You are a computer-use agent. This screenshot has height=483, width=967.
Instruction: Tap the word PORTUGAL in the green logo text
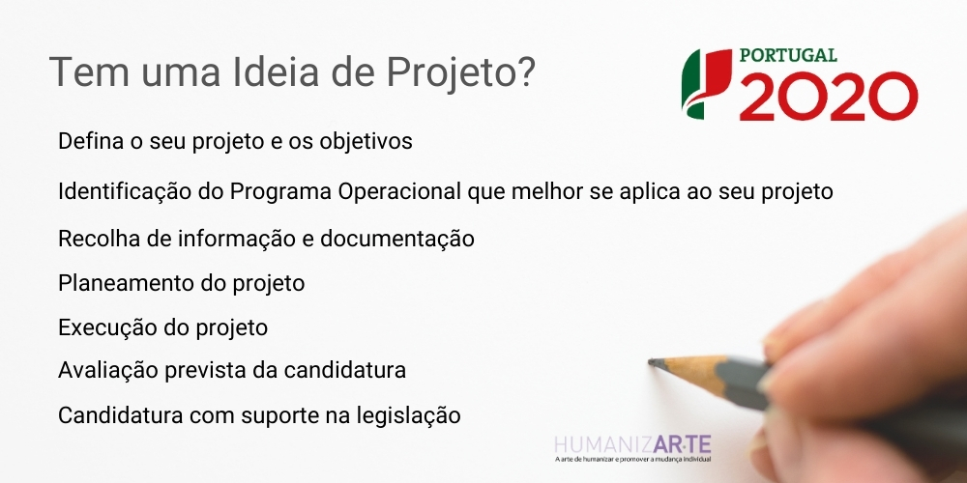[788, 55]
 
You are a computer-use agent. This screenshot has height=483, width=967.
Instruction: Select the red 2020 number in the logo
[829, 96]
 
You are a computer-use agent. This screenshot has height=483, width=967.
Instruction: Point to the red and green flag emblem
[706, 83]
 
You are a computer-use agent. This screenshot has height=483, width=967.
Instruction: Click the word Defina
[86, 141]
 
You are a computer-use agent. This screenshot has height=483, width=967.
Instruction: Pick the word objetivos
[366, 142]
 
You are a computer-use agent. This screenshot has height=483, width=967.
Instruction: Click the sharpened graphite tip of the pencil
[653, 363]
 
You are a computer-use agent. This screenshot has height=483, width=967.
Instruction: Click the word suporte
[280, 416]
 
